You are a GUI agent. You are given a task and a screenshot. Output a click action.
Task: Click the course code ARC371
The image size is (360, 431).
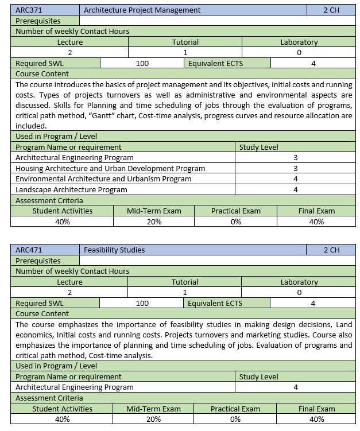point(29,10)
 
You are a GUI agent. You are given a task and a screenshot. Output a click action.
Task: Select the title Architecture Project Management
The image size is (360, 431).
point(142,10)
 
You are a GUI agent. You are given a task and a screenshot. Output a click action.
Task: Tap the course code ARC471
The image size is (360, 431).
point(29,250)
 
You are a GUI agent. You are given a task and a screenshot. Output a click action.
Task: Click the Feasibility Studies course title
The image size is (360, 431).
point(114,250)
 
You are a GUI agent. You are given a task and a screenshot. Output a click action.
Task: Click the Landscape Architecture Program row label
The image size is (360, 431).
point(71,189)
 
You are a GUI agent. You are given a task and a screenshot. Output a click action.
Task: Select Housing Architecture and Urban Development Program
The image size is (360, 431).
point(110,168)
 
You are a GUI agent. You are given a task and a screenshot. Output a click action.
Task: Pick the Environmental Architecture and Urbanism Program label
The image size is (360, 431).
point(103,178)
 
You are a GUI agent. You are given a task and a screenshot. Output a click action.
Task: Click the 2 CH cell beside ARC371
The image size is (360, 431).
point(331,10)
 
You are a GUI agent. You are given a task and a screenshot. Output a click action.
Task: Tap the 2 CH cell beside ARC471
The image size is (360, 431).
point(331,250)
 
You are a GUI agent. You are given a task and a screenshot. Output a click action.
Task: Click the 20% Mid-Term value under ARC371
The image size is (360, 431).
point(153,222)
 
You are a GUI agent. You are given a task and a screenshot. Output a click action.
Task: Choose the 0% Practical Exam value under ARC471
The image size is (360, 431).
point(235,419)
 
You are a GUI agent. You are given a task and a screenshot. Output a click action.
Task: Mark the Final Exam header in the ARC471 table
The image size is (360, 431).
point(316,409)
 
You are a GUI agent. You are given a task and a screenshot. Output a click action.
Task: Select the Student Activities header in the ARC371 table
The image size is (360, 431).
point(62,211)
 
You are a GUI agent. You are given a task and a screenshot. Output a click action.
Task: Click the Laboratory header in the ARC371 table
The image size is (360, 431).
point(299,42)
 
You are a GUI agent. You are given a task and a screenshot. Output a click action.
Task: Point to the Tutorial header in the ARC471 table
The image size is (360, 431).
point(185,282)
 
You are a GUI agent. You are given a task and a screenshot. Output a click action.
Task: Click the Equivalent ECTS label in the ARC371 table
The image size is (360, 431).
point(215,63)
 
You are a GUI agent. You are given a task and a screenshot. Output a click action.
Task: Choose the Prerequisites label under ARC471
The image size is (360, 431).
point(38,261)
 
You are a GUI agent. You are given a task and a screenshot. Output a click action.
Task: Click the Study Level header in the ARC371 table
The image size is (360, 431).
point(258,147)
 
